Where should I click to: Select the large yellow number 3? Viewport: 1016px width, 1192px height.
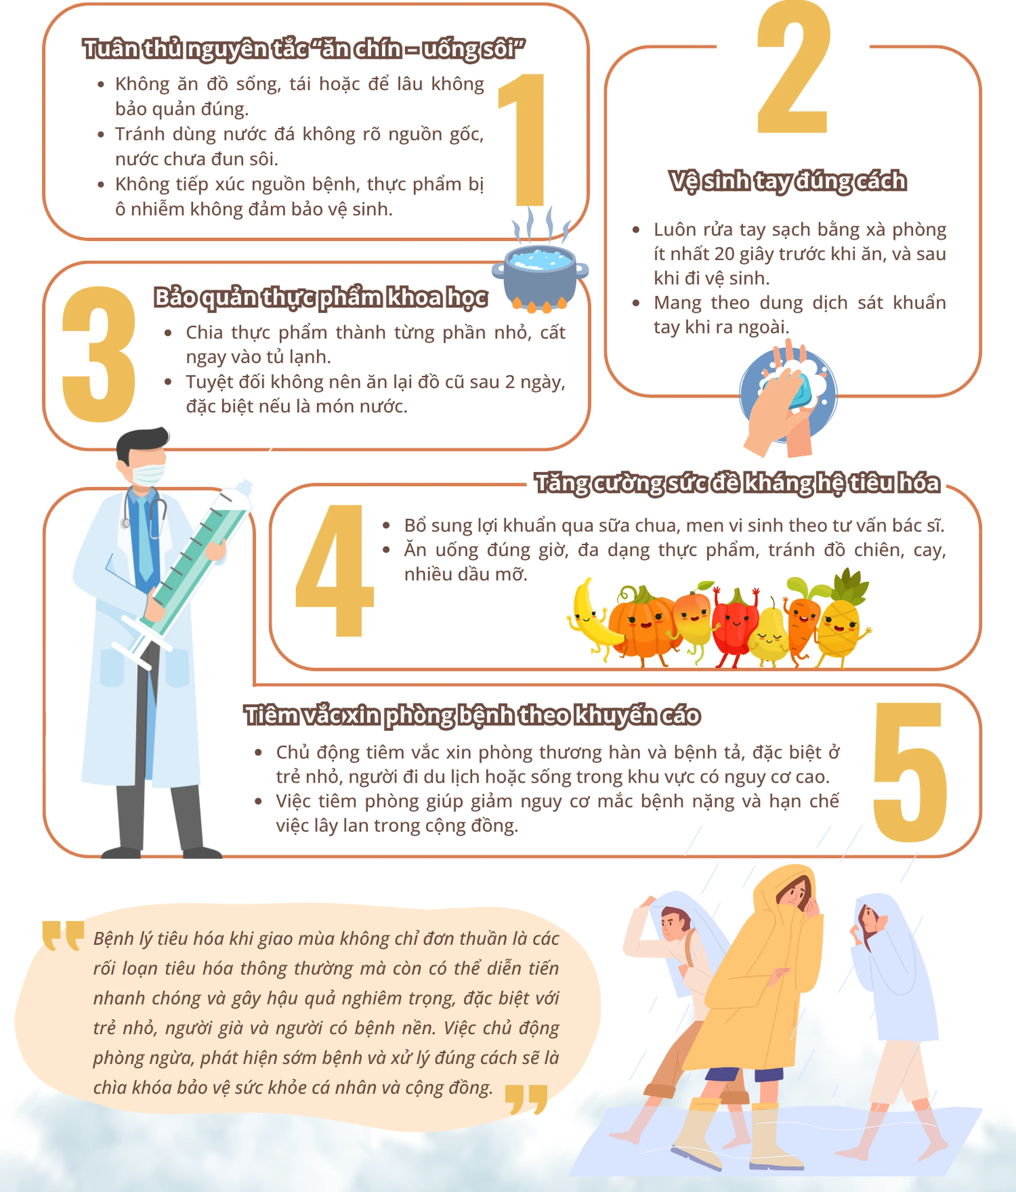(x=99, y=354)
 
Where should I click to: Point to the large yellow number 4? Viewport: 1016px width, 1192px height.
(x=334, y=570)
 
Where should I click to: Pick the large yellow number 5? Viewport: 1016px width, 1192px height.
(x=910, y=772)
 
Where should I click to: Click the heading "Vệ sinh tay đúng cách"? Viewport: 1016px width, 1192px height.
(x=788, y=181)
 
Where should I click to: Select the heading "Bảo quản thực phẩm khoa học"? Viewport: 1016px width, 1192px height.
(x=320, y=298)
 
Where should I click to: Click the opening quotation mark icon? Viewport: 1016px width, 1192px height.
(x=63, y=936)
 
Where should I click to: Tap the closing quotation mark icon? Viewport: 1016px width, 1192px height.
(x=526, y=1100)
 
